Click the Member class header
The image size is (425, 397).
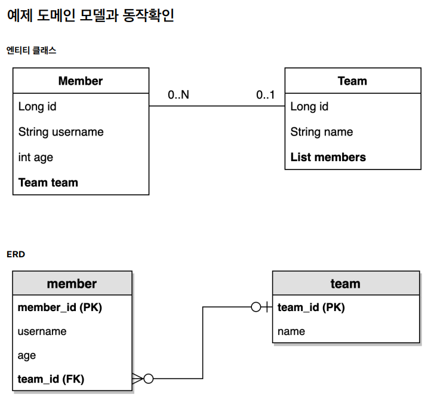81,81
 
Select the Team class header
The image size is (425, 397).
352,81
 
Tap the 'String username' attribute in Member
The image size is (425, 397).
61,132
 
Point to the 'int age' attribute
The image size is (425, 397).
36,158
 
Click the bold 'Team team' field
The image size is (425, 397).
48,183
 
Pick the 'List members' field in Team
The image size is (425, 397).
328,158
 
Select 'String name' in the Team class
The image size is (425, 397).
322,132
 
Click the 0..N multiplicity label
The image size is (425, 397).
178,95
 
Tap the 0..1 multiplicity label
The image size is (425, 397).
266,95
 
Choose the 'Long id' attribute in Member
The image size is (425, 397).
38,107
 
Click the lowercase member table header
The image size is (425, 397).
72,284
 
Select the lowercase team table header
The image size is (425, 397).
346,284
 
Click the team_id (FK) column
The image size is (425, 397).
51,378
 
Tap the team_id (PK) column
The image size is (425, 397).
311,307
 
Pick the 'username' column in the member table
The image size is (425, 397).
42,331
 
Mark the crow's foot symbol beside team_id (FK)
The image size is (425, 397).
138,378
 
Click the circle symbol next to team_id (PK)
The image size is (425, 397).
256,307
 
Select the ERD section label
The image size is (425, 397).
16,254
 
